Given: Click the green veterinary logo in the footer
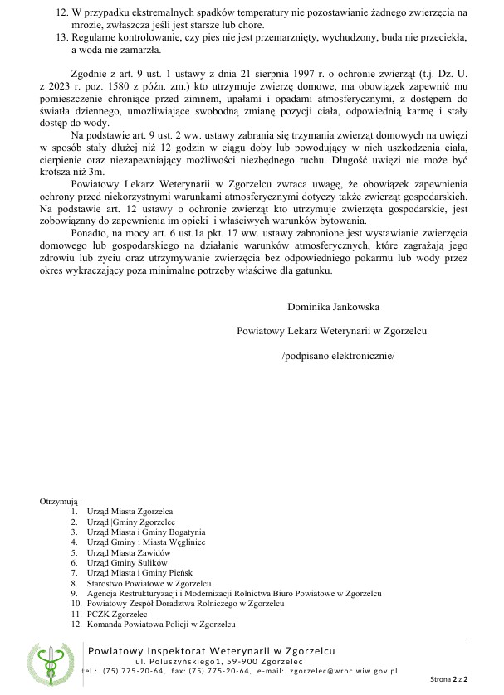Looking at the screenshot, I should click(x=52, y=663).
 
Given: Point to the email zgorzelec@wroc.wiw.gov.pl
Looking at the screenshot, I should click(x=344, y=670).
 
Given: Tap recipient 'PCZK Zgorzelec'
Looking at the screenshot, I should click(x=116, y=614).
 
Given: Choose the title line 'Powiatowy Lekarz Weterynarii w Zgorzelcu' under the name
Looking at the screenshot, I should click(x=332, y=331).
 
